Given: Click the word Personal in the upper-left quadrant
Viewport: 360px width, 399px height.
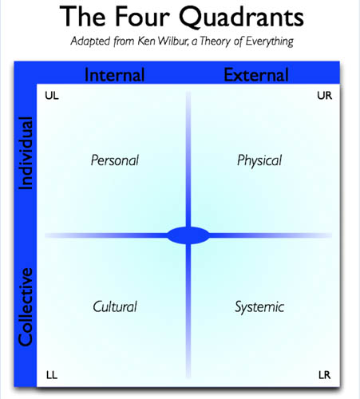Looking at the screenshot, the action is click(x=115, y=160).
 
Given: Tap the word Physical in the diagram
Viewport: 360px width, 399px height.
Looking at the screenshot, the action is click(x=259, y=161).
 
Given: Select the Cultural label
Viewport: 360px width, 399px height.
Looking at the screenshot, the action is click(x=115, y=306).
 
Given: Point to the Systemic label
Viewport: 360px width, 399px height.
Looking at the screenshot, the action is click(x=259, y=307).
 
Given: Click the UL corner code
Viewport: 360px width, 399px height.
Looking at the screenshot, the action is click(x=52, y=96).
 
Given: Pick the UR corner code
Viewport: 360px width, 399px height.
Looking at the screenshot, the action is click(x=325, y=96).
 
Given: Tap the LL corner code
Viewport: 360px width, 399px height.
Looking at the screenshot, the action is click(x=52, y=375).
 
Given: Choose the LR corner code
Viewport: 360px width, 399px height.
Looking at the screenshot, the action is click(x=325, y=375).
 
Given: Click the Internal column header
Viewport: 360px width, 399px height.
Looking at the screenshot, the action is click(x=115, y=75).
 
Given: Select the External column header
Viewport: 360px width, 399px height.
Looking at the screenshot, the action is click(x=256, y=75).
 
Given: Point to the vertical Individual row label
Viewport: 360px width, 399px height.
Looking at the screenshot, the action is click(x=26, y=153).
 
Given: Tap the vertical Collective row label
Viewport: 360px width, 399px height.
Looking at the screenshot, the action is click(x=26, y=307).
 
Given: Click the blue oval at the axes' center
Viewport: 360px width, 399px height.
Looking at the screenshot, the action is click(x=188, y=235).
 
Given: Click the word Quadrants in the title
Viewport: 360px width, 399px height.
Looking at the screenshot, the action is click(x=241, y=17).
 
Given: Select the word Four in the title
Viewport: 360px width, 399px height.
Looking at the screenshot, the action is click(x=142, y=17).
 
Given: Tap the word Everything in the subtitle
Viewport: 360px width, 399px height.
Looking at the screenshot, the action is click(x=269, y=41).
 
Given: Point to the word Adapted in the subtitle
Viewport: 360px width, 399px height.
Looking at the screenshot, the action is click(x=90, y=41).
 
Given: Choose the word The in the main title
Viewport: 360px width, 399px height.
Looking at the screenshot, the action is click(x=82, y=17).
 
